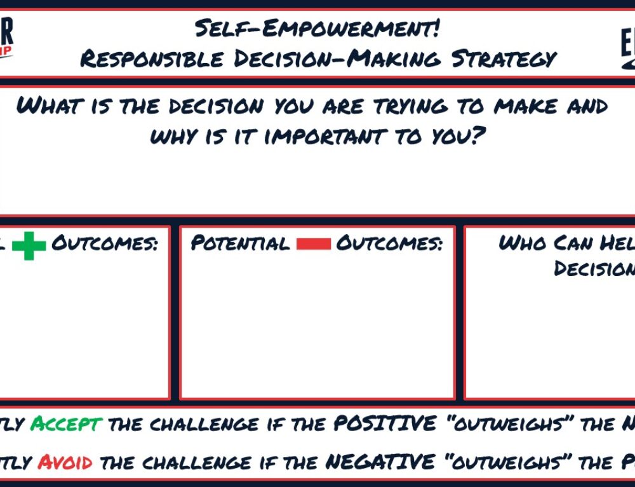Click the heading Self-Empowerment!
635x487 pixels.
(318, 28)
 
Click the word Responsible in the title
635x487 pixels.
(150, 59)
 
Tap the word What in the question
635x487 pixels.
(48, 106)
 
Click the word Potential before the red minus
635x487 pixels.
(239, 243)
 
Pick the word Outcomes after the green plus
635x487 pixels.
(104, 243)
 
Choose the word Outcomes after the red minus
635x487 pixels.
(389, 243)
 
